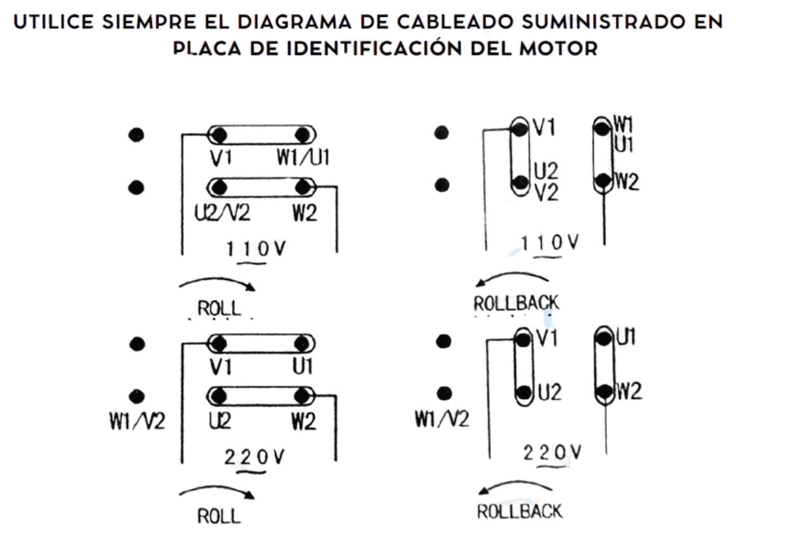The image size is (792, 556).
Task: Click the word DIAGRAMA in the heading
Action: coord(294,22)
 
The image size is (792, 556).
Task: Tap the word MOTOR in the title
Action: coord(559,48)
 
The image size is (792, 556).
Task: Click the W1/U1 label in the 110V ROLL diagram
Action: coord(303,157)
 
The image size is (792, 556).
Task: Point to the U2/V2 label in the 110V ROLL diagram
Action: coord(222,213)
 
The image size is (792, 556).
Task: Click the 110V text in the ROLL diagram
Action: coord(255,248)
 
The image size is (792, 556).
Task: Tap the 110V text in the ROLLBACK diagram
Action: coord(549,243)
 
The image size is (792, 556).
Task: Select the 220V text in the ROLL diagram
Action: coord(254,457)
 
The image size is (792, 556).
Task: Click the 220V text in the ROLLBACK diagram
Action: coord(552,453)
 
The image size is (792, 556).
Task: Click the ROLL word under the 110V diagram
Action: coord(219,308)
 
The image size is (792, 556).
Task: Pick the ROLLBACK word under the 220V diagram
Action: coord(520,512)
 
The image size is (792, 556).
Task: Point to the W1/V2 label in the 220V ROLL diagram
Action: coord(137,421)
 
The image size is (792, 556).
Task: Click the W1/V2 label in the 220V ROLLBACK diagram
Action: coord(442,419)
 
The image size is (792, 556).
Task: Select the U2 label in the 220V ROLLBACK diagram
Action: coord(550,393)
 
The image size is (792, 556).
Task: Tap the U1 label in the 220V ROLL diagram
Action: coord(302,367)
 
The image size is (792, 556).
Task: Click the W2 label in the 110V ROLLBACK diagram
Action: coord(627,182)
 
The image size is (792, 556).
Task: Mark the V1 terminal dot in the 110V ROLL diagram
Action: coord(220,135)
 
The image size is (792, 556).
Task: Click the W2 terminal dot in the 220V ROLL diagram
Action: coord(302,395)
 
